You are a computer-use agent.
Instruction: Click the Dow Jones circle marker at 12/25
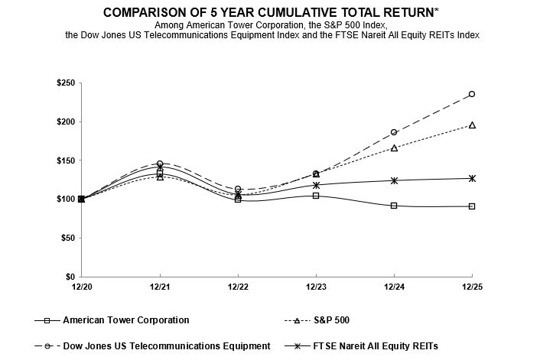coord(472,94)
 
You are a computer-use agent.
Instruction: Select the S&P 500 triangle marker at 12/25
coord(472,125)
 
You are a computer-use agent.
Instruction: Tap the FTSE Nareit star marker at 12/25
coord(472,178)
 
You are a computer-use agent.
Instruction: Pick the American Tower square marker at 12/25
coord(472,206)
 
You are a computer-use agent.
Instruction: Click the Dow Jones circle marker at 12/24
coord(394,132)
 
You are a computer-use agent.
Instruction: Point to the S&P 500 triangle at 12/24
coord(394,148)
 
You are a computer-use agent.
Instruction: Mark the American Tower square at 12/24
coord(394,206)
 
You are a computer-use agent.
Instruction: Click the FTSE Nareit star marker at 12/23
coord(316,184)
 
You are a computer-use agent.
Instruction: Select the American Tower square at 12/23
coord(316,196)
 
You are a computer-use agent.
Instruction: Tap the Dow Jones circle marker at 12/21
coord(160,164)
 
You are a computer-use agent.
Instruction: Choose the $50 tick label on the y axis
coord(66,238)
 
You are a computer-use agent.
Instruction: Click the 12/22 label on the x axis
coord(238,286)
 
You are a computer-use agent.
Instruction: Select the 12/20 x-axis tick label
coord(82,286)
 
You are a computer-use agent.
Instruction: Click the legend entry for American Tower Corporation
coord(126,320)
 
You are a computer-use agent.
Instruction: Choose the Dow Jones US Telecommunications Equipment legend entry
coord(167,346)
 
